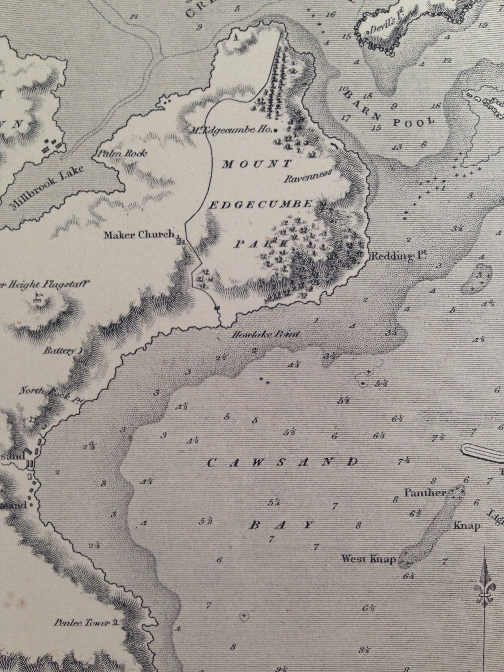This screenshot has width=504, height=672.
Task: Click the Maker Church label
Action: [x=138, y=234]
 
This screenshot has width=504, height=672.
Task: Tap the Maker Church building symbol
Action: [x=181, y=241]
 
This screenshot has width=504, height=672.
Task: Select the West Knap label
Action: [x=369, y=559]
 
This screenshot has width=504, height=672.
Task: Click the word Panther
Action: [x=425, y=493]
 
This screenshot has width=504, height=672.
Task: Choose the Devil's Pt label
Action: [x=381, y=30]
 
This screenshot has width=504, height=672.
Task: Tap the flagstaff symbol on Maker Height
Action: [x=38, y=297]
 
